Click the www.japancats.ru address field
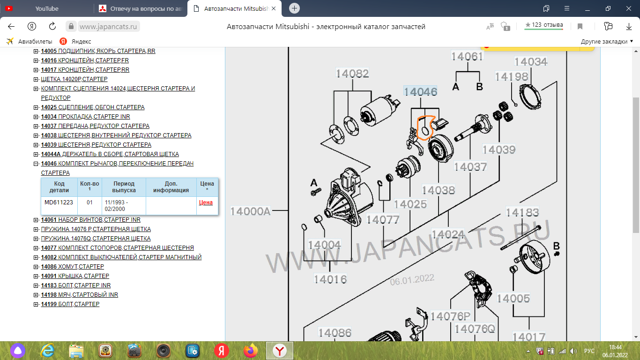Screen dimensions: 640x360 click(108, 27)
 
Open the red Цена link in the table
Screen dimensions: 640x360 click(206, 202)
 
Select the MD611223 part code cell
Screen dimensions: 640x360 click(59, 202)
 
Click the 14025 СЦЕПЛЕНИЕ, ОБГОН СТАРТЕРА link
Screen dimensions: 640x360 click(93, 107)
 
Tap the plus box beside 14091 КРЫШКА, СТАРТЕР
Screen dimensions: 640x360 click(36, 276)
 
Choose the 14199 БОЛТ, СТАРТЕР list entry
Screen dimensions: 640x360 click(70, 304)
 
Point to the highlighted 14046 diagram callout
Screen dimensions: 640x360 click(420, 91)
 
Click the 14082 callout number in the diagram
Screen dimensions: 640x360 click(352, 73)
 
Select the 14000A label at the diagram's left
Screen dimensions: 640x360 click(250, 211)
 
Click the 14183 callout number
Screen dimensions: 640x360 click(522, 212)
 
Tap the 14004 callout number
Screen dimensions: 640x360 click(324, 245)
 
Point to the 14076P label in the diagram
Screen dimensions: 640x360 click(450, 316)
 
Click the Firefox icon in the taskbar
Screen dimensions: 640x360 click(250, 351)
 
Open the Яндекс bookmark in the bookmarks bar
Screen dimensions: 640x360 click(75, 41)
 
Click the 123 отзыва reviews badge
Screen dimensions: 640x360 click(543, 25)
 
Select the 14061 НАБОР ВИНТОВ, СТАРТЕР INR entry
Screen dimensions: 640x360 click(90, 219)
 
